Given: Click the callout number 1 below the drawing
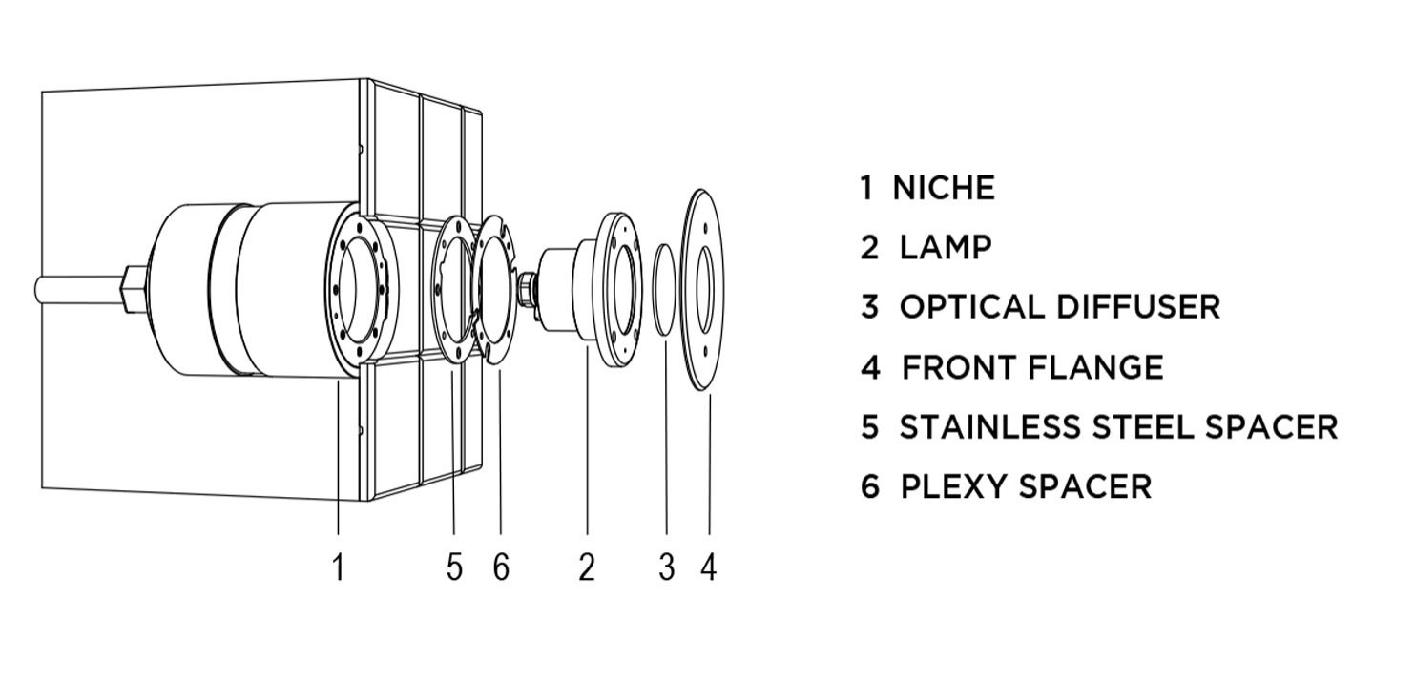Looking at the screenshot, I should click(338, 567).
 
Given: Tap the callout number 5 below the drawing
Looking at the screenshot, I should click(454, 567).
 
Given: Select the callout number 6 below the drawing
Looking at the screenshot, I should click(501, 567).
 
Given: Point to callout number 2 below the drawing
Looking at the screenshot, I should click(587, 567).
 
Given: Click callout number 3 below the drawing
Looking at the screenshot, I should click(666, 567).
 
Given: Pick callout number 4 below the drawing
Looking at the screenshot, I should click(708, 567).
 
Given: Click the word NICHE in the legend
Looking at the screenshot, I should click(943, 188).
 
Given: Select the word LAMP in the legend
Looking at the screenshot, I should click(946, 248).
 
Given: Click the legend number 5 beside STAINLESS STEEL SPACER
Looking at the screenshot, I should click(869, 426).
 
